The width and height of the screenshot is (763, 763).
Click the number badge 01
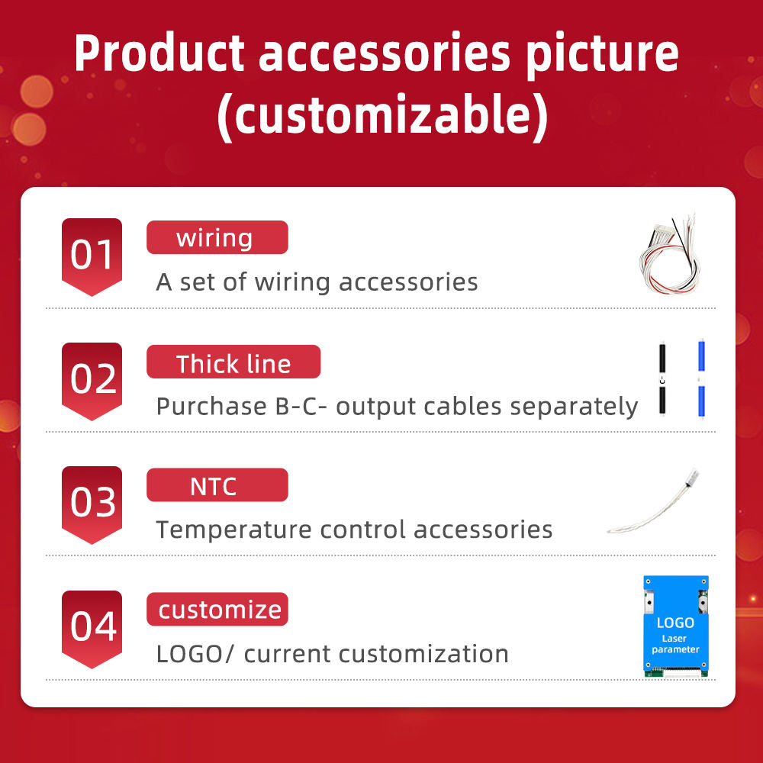click(92, 256)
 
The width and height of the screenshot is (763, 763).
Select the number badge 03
click(92, 504)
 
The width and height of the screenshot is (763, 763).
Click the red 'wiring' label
click(217, 237)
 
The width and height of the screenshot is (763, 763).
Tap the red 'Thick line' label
click(233, 362)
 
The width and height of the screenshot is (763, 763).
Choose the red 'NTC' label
click(217, 485)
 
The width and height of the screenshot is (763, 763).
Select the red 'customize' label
click(217, 609)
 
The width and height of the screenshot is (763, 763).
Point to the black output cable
click(662, 379)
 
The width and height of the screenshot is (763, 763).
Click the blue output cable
click(701, 378)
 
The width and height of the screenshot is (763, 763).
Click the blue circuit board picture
click(676, 626)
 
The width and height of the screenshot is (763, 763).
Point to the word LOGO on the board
click(675, 623)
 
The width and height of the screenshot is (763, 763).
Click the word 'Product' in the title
click(159, 53)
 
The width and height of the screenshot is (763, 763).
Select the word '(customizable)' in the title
click(383, 116)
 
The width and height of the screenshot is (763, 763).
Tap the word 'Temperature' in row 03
click(233, 530)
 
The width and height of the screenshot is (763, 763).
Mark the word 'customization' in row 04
click(423, 654)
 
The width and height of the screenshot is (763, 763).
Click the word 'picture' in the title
click(603, 55)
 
